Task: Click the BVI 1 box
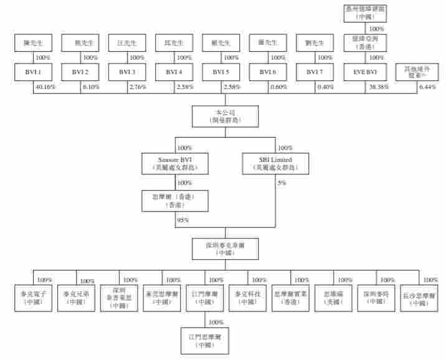click(x=34, y=72)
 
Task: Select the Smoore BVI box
click(x=175, y=164)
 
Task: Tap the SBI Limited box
click(x=275, y=164)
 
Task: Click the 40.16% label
click(x=46, y=87)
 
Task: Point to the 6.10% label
click(x=91, y=87)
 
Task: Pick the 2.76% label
click(x=137, y=87)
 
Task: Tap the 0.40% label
click(x=325, y=87)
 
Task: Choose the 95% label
click(x=183, y=220)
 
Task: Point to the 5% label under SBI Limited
click(x=282, y=183)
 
